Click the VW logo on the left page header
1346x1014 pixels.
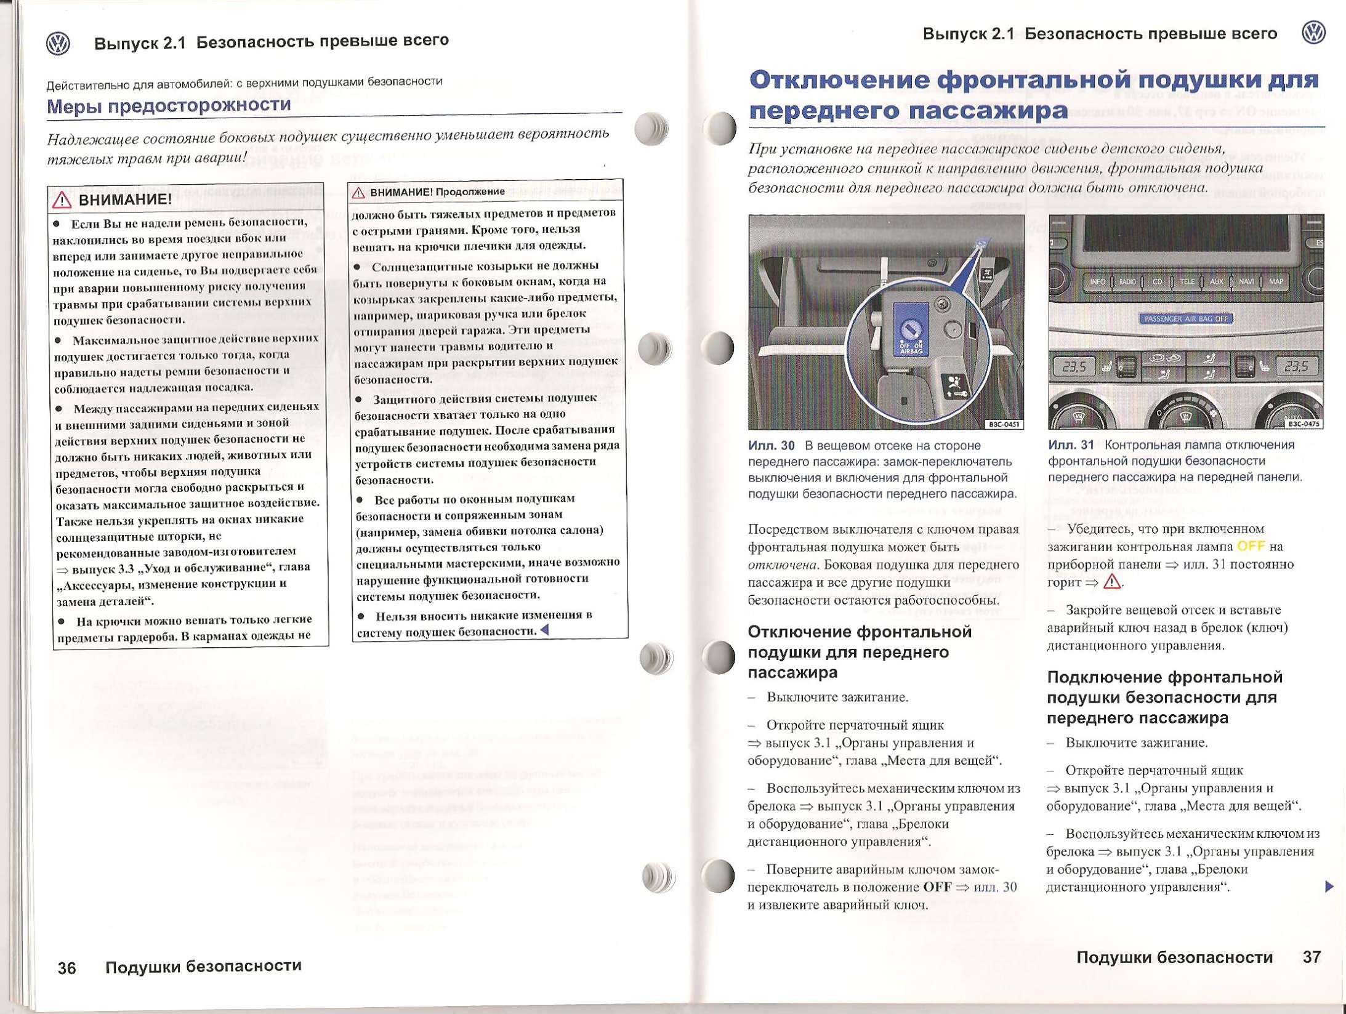pos(58,44)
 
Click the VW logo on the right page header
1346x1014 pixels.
pos(1314,33)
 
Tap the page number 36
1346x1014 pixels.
pos(67,968)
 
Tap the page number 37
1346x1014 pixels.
pos(1312,957)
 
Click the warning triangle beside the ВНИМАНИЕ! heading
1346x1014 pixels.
pos(62,200)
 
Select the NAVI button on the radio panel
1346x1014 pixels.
pos(1246,282)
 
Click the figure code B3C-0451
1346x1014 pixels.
pos(1004,424)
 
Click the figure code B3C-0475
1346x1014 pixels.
pos(1304,424)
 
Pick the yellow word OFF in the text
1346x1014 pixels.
pos(1251,546)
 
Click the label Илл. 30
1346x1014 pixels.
pos(771,445)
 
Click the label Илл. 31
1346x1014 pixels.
pos(1071,445)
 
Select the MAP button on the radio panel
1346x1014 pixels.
pos(1276,282)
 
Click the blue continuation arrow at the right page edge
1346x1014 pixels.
pos(1329,887)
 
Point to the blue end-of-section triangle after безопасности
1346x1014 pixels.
pos(544,630)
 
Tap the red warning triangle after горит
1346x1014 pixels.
pos(1111,582)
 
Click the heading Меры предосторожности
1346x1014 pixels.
pos(169,105)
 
